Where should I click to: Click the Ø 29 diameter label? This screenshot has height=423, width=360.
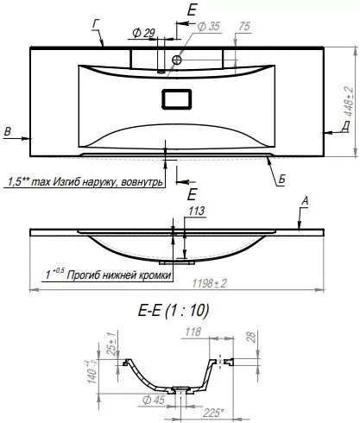tap(143, 33)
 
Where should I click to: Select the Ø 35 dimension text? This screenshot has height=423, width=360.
tap(209, 27)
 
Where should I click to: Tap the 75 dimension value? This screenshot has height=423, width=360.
tap(244, 27)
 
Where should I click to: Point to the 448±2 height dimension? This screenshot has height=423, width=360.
tap(349, 101)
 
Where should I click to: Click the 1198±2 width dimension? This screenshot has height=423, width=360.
tap(209, 283)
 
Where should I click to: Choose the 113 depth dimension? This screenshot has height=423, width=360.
tap(197, 211)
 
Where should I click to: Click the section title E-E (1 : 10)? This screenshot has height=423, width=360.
tap(174, 311)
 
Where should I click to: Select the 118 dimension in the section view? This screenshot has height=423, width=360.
tap(193, 332)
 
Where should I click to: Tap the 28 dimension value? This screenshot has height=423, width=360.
tap(251, 338)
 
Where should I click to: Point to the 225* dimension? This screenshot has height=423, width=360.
tap(212, 414)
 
